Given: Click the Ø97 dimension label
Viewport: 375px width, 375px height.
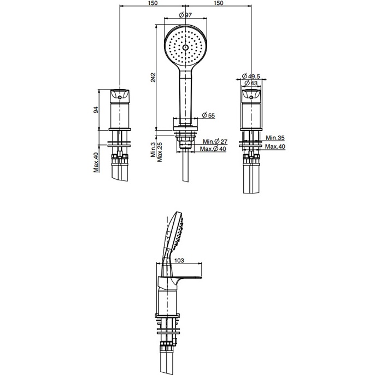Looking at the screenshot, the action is point(185,15).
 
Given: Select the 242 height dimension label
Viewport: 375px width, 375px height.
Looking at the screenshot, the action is point(153,77).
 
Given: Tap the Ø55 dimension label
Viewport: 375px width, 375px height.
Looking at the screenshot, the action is point(208,115).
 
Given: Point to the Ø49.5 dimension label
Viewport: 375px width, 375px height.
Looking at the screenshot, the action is point(250,77).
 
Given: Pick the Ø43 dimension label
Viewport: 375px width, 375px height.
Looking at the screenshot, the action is point(251,83).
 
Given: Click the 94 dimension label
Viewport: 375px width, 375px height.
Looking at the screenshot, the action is point(96,110).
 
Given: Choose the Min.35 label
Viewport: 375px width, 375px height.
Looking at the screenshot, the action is point(276,138).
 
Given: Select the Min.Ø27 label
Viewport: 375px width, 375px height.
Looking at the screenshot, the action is point(215,142).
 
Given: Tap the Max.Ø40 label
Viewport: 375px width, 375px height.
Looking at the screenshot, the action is point(213,149).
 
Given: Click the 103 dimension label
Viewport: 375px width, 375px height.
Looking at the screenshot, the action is point(179,260).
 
